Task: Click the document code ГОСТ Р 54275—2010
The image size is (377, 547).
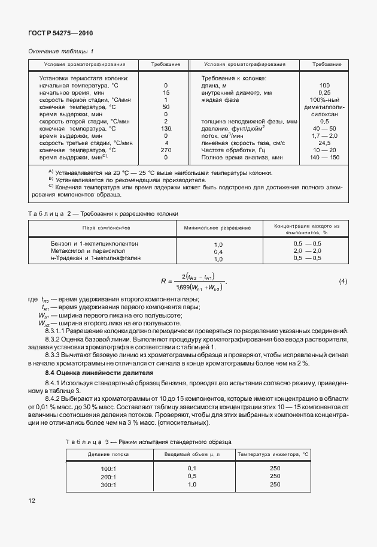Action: [61, 34]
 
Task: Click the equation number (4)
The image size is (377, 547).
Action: [343, 281]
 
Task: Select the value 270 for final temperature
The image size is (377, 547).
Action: [166, 150]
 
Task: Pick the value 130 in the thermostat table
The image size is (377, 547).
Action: [166, 129]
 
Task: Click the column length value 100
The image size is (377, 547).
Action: [324, 86]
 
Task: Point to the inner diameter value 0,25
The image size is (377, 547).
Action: [324, 93]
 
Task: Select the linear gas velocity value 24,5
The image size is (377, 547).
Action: [324, 143]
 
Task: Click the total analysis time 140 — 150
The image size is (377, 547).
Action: [325, 157]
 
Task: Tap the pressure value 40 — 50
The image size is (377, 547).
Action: [324, 129]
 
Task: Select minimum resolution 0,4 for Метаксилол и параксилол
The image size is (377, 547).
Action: [218, 252]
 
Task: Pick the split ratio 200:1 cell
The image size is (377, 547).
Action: [108, 476]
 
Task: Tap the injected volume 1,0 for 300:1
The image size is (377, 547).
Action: [192, 484]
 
